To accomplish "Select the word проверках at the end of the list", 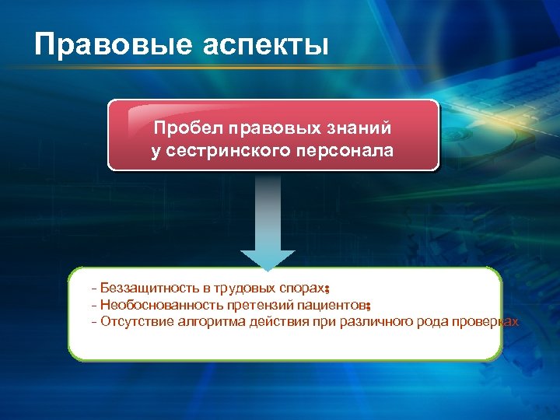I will pyautogui.click(x=485, y=321).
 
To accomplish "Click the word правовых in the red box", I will pyautogui.click(x=261, y=127).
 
